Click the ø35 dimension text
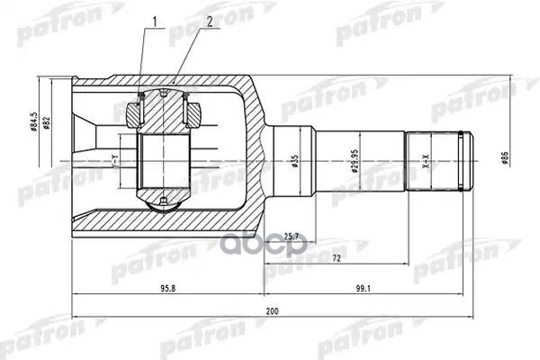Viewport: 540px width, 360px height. point(293,163)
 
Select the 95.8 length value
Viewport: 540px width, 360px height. point(167,290)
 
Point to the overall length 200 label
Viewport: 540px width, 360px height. point(271,311)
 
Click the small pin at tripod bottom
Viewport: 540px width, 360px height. point(162,200)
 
